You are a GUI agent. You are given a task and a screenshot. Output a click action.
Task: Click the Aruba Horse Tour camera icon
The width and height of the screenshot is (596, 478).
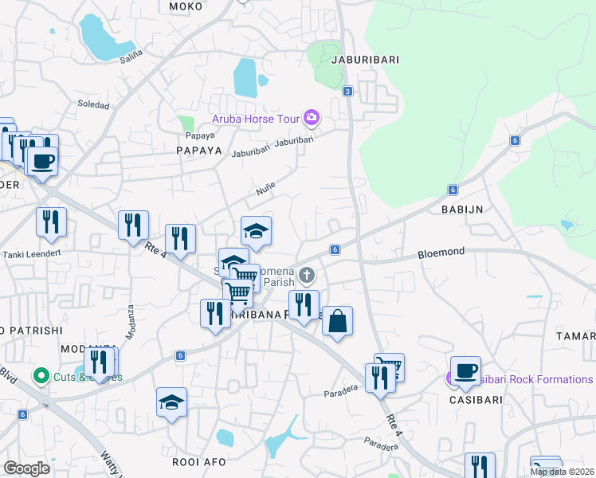[311, 119]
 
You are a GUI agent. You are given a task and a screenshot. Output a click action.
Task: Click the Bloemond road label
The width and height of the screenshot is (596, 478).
[441, 252]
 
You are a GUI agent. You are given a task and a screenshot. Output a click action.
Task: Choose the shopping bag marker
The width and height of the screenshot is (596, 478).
[337, 321]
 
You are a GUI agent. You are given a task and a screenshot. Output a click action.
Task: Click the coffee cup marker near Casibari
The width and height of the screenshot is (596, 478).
[465, 370]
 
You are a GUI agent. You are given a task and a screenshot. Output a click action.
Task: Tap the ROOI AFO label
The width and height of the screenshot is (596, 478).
[195, 461]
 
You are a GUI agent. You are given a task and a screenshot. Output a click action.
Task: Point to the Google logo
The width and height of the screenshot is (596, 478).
[26, 468]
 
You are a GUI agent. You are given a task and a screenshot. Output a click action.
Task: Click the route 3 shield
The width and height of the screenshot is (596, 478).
[348, 92]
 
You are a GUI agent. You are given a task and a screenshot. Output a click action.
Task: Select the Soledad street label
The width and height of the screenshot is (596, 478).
[92, 104]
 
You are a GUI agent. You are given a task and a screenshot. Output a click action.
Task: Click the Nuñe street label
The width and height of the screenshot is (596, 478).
[265, 190]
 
